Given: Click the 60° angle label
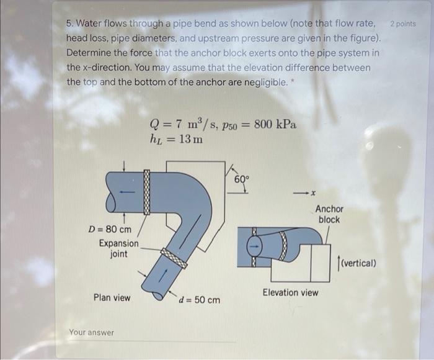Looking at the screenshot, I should (x=242, y=179).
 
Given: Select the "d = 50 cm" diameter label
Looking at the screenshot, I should (x=199, y=300).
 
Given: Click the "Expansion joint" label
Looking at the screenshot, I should (x=118, y=248).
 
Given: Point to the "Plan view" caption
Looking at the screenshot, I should (x=112, y=298).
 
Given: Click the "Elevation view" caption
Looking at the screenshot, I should (x=290, y=292).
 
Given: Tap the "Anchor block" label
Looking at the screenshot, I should (x=329, y=214).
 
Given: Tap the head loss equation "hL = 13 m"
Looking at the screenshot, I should (x=176, y=138).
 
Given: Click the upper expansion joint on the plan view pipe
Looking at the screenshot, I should (x=147, y=192).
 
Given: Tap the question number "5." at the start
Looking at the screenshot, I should (x=70, y=24).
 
